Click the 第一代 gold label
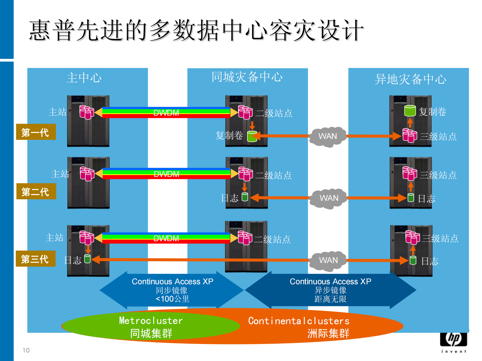36,132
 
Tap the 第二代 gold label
36,191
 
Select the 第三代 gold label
36,259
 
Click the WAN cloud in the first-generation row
327,136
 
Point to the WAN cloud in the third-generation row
328,260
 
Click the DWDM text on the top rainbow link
166,113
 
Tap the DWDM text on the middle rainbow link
166,174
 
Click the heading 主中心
84,78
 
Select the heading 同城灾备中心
247,77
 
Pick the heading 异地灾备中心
410,79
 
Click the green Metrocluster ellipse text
151,321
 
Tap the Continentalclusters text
299,321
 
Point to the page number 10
26,350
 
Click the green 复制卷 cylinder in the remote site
410,111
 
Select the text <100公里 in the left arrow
172,299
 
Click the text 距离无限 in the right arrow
330,299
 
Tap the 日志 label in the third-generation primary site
73,260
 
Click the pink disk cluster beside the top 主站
87,112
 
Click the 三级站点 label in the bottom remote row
440,239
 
